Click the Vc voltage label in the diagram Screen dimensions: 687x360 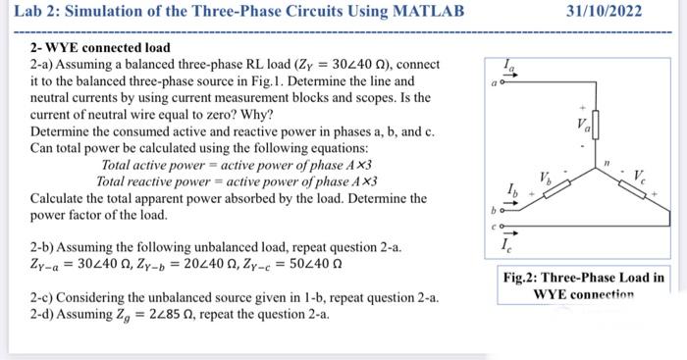coord(639,178)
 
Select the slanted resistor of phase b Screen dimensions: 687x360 coord(553,191)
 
